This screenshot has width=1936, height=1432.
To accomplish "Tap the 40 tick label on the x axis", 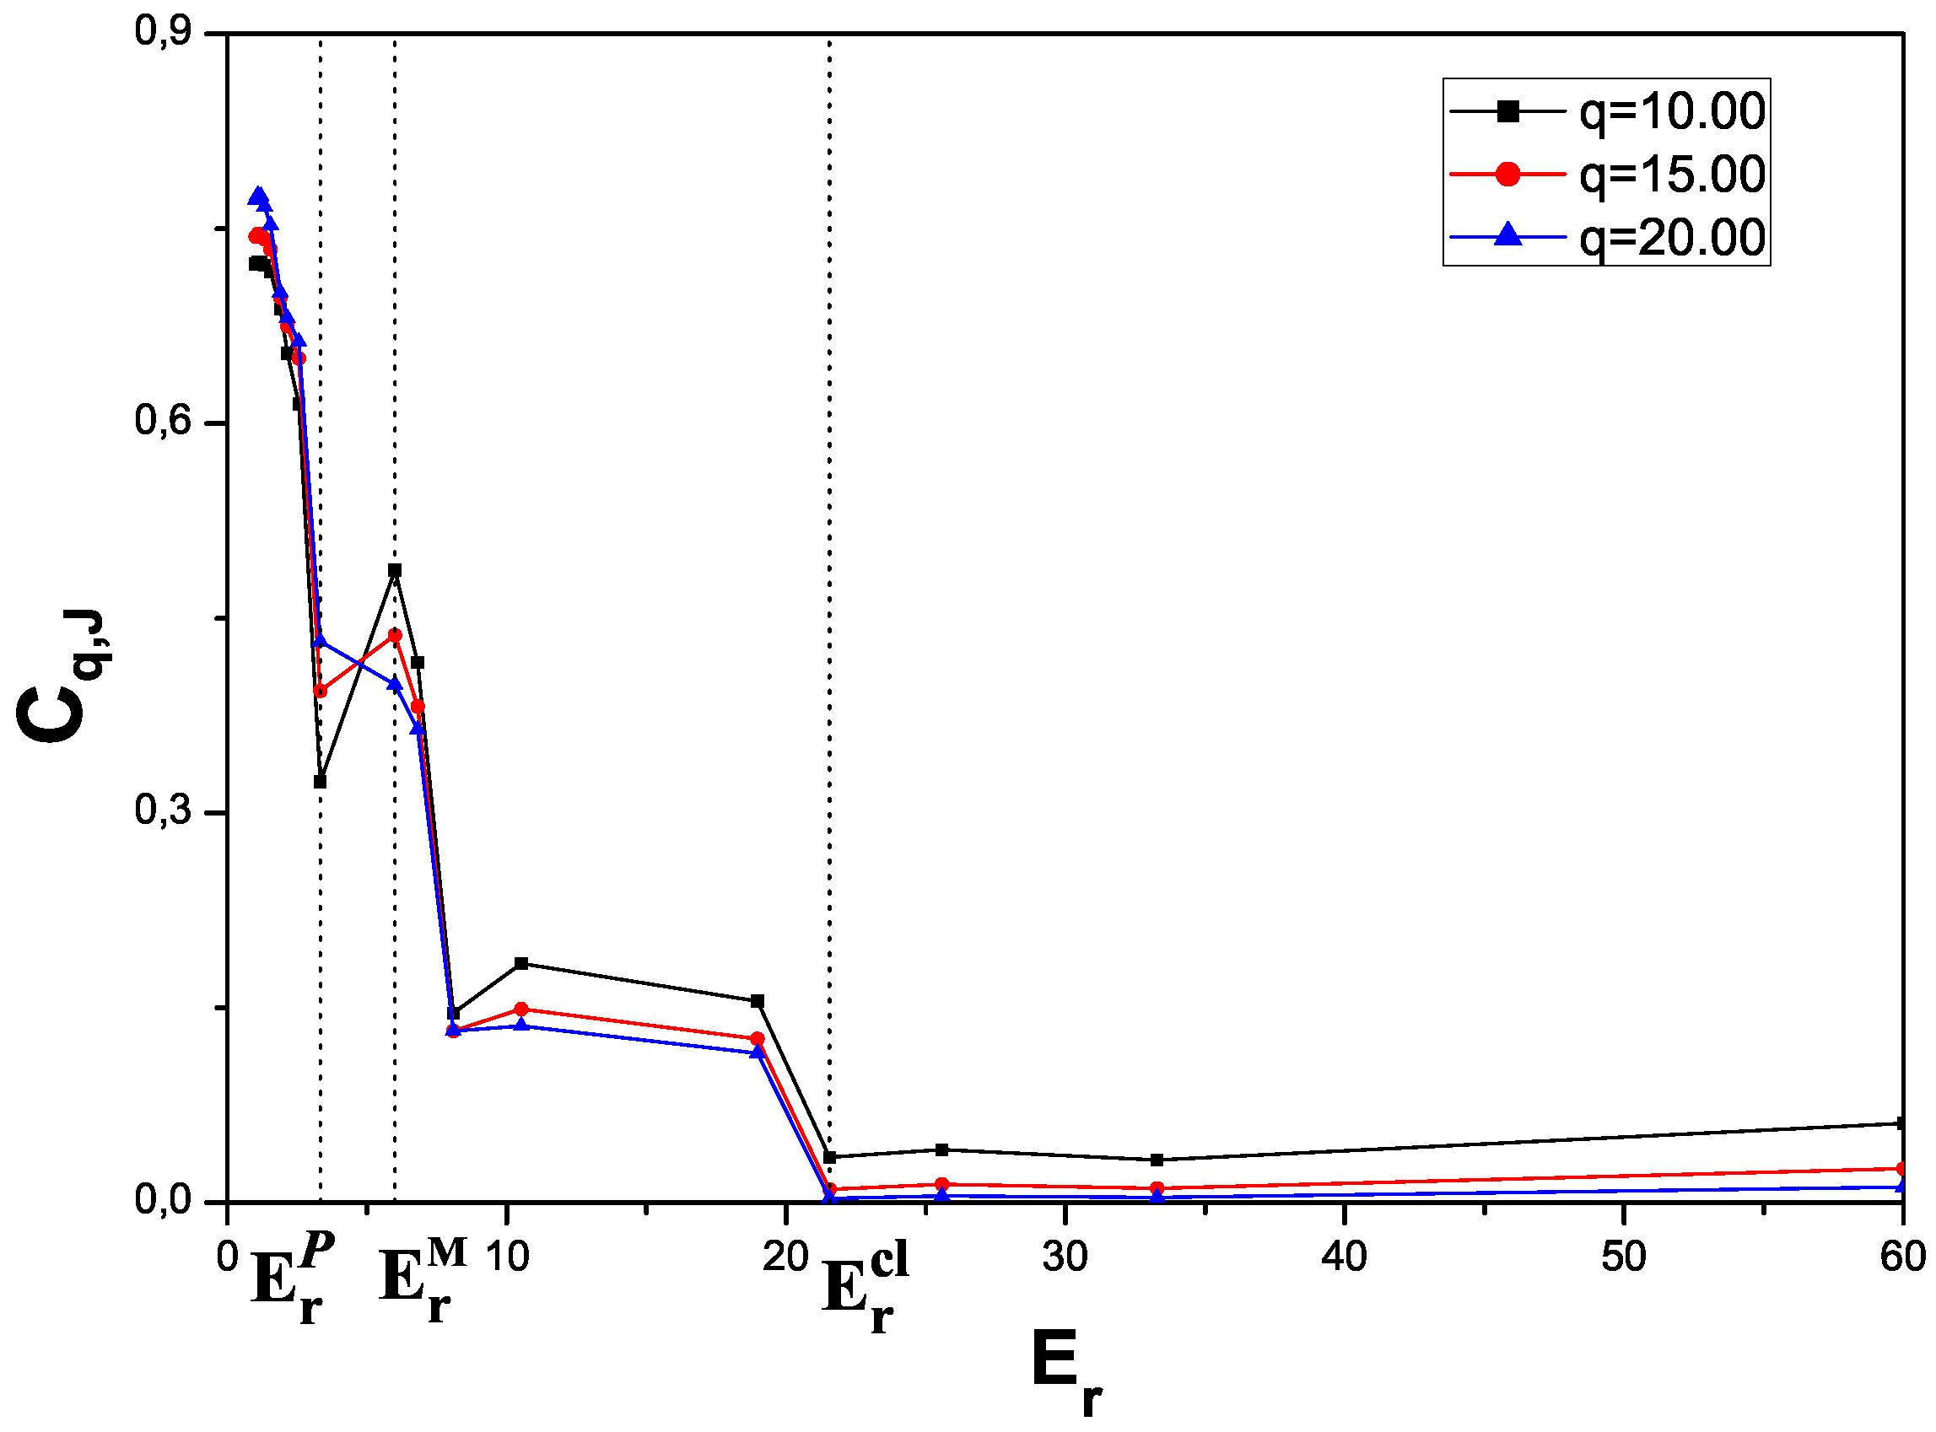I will (1343, 1257).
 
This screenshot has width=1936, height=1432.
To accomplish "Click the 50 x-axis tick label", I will (1622, 1257).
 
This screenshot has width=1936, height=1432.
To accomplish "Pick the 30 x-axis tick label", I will (1064, 1257).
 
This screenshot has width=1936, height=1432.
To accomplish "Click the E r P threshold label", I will (291, 1278).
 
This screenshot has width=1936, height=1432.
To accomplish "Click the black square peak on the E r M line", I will (395, 570).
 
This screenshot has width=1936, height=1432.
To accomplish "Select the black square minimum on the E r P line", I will (320, 782).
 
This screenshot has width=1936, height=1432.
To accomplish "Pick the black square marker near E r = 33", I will (1157, 1160).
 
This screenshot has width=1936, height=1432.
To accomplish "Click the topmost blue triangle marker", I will (257, 196).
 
